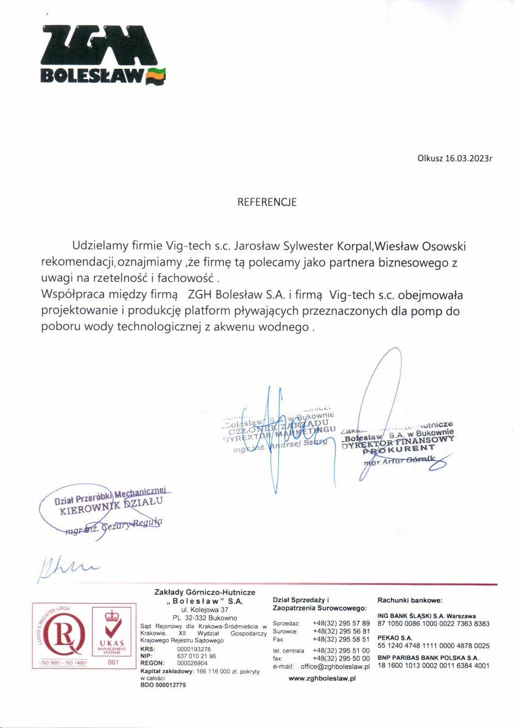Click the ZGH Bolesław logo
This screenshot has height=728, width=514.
(103, 54)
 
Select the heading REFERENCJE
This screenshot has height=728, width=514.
(267, 202)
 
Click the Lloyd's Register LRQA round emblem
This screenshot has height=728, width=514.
(60, 632)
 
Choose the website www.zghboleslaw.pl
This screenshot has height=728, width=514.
(322, 677)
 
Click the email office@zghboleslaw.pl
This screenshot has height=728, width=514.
(336, 667)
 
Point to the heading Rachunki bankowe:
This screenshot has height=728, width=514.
(410, 600)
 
